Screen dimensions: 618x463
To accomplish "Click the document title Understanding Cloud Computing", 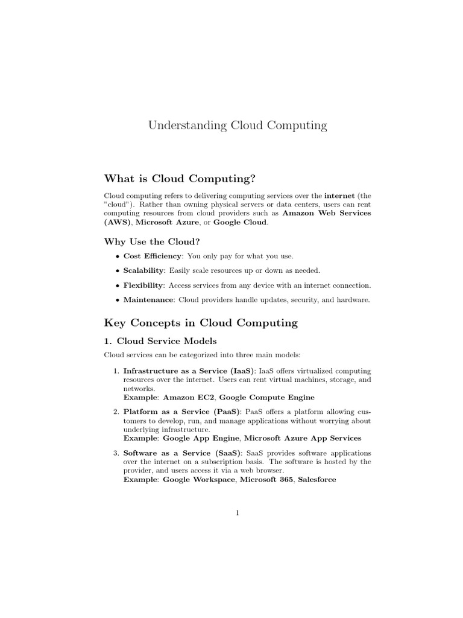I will pyautogui.click(x=238, y=126).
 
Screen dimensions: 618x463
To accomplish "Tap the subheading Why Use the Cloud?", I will pyautogui.click(x=152, y=241).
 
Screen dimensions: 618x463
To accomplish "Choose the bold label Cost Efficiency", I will pyautogui.click(x=152, y=256).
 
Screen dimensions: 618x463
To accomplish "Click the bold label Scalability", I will pyautogui.click(x=143, y=270).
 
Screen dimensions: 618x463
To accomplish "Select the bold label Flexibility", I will pyautogui.click(x=143, y=285).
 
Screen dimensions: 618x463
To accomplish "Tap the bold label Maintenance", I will pyautogui.click(x=148, y=299).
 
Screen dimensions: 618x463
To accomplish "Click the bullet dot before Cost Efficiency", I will pyautogui.click(x=117, y=256).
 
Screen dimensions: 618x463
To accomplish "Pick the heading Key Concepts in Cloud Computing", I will pyautogui.click(x=201, y=323).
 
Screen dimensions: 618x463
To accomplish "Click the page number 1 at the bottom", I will pyautogui.click(x=238, y=513).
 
